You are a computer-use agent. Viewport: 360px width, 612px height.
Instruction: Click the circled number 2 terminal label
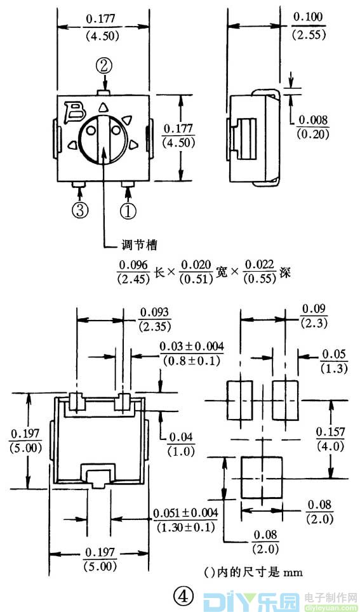(105, 65)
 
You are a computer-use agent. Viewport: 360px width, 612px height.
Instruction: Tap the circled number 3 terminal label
(79, 211)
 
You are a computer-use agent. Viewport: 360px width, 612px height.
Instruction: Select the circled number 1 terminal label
(128, 211)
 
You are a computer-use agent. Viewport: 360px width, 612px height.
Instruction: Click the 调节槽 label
(138, 245)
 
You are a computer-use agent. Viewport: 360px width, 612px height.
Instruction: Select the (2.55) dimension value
(309, 36)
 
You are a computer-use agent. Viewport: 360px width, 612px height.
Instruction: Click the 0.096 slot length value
(133, 265)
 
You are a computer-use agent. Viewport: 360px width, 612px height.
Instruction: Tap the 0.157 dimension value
(331, 432)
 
